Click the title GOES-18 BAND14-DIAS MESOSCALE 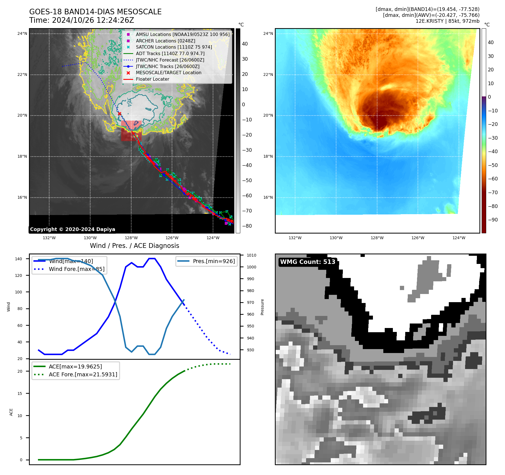pyautogui.click(x=95, y=12)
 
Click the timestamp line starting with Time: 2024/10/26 pyautogui.click(x=81, y=20)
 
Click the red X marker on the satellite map pyautogui.click(x=119, y=114)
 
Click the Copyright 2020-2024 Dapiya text pyautogui.click(x=73, y=229)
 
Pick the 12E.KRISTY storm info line pyautogui.click(x=447, y=21)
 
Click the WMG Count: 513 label pyautogui.click(x=308, y=262)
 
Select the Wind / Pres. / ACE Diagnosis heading pyautogui.click(x=134, y=246)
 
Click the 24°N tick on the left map pyautogui.click(x=22, y=34)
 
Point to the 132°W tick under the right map pyautogui.click(x=295, y=238)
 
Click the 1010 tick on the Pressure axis pyautogui.click(x=252, y=255)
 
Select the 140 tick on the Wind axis pyautogui.click(x=19, y=259)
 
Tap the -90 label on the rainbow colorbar pyautogui.click(x=493, y=220)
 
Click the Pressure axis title pyautogui.click(x=262, y=307)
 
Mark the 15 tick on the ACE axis pyautogui.click(x=20, y=393)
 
